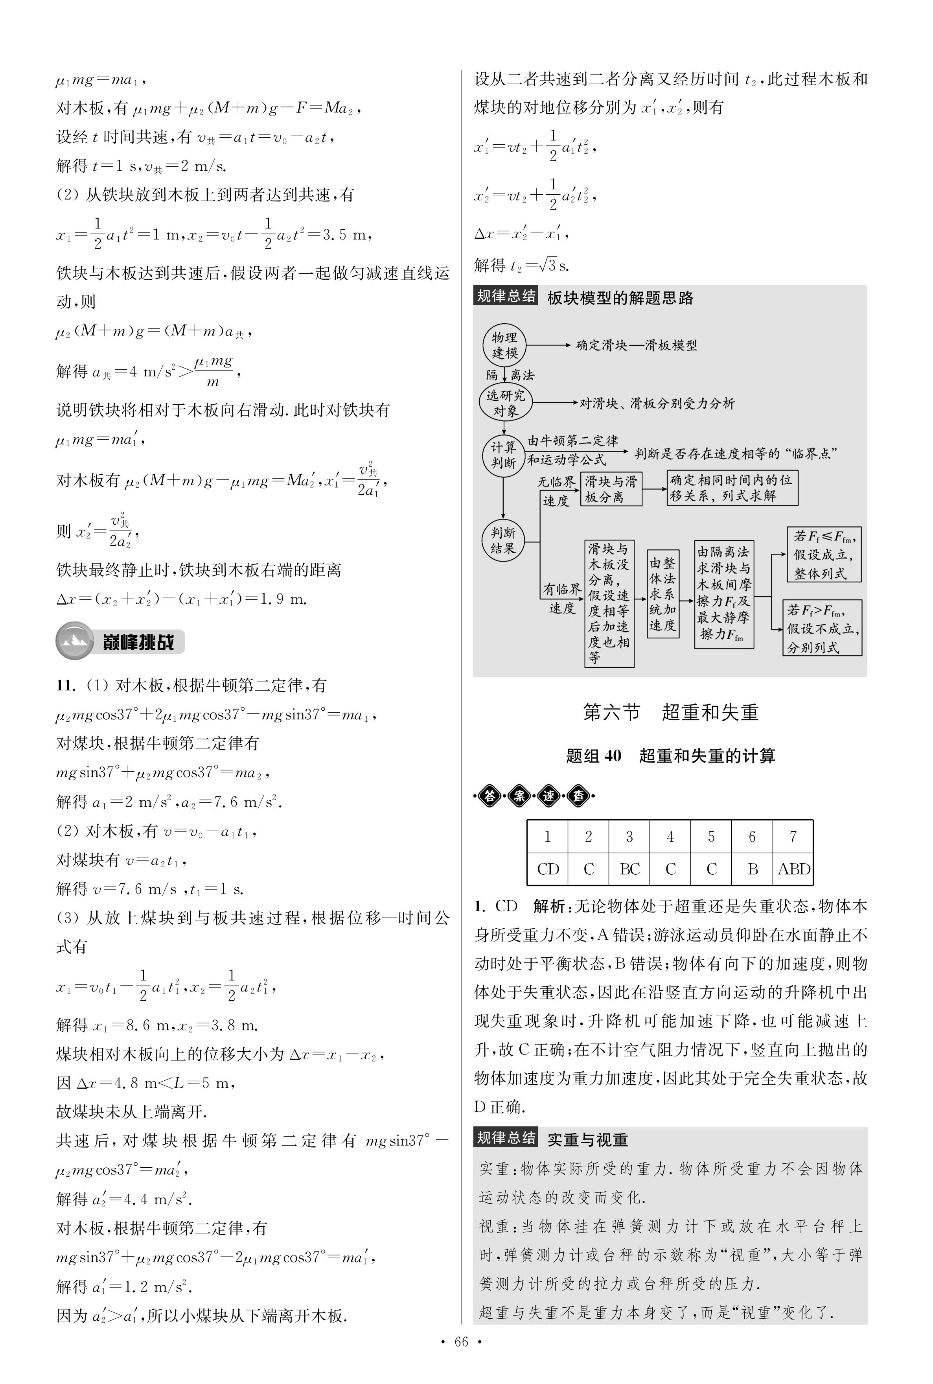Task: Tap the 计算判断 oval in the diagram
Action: pyautogui.click(x=503, y=455)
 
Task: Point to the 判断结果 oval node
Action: pyautogui.click(x=503, y=540)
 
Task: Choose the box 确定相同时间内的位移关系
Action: pyautogui.click(x=731, y=488)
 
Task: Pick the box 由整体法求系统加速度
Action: pyautogui.click(x=662, y=593)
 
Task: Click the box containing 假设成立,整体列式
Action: pyautogui.click(x=824, y=554)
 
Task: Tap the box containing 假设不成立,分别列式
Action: pyautogui.click(x=822, y=628)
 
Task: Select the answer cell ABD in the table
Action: pyautogui.click(x=793, y=869)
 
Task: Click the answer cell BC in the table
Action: pyautogui.click(x=629, y=869)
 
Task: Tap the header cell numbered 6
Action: pyautogui.click(x=752, y=837)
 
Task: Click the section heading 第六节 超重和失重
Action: pyautogui.click(x=671, y=713)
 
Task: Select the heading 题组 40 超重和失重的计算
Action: pyautogui.click(x=671, y=756)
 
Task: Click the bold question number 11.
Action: pyautogui.click(x=65, y=686)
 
